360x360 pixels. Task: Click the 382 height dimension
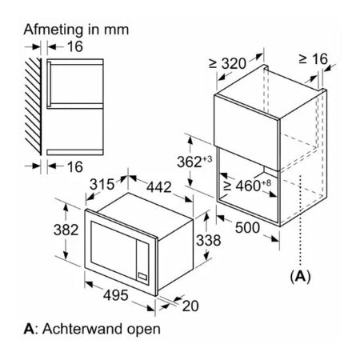pos(66,230)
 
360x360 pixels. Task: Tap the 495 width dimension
pos(116,295)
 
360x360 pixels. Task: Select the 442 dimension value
pos(159,187)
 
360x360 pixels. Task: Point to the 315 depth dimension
pos(102,184)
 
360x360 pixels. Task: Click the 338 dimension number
pos(209,240)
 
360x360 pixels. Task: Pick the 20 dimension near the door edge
pos(190,306)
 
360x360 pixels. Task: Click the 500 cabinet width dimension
pos(247,228)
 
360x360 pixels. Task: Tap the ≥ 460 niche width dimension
pos(247,186)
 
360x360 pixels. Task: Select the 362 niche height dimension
pos(194,162)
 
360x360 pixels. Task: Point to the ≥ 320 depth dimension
pos(227,64)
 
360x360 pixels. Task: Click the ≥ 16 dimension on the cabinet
pos(313,59)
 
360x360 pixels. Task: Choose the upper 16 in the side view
pos(75,46)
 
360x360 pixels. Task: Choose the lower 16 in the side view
pos(75,167)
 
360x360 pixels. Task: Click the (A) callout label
pos(301,277)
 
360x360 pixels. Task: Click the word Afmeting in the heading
pos(54,30)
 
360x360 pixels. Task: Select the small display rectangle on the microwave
pos(142,276)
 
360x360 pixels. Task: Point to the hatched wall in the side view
pos(33,106)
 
